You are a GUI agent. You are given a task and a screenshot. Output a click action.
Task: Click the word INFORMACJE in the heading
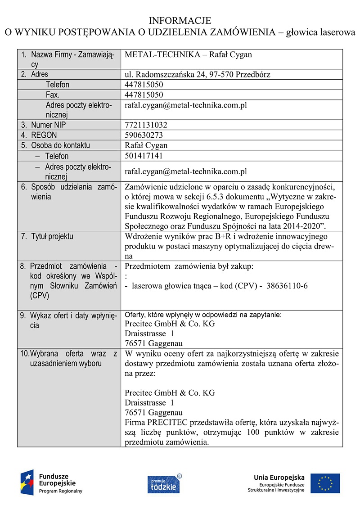[x=180, y=21]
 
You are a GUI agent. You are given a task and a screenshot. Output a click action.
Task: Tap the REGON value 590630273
[x=144, y=135]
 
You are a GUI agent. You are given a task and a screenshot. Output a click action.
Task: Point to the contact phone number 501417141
[x=144, y=156]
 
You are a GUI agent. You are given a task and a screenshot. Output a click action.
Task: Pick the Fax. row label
[x=53, y=95]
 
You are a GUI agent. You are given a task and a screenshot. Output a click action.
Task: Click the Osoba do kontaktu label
[x=60, y=145]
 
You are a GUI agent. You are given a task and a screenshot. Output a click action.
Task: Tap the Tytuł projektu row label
[x=52, y=237]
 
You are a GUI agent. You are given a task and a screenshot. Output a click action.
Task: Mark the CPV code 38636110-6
[x=287, y=286]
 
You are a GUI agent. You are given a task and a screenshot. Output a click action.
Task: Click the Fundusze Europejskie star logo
[x=27, y=482]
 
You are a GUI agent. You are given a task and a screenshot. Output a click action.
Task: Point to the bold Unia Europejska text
[x=279, y=478]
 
